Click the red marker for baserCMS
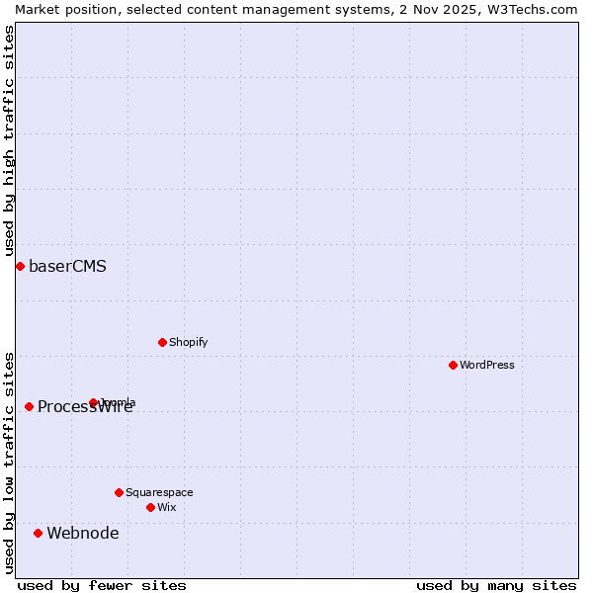(20, 266)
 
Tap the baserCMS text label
(67, 267)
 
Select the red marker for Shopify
(162, 342)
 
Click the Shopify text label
(188, 343)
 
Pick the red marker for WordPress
(453, 365)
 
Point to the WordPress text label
(486, 366)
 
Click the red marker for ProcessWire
(29, 406)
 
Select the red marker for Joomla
(94, 402)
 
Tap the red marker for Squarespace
(119, 492)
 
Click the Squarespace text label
(159, 493)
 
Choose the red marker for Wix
(150, 507)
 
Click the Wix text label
(167, 508)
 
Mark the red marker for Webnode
(38, 533)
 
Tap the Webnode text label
(83, 534)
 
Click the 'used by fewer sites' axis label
(102, 585)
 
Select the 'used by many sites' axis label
(496, 585)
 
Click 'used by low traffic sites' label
(9, 462)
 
